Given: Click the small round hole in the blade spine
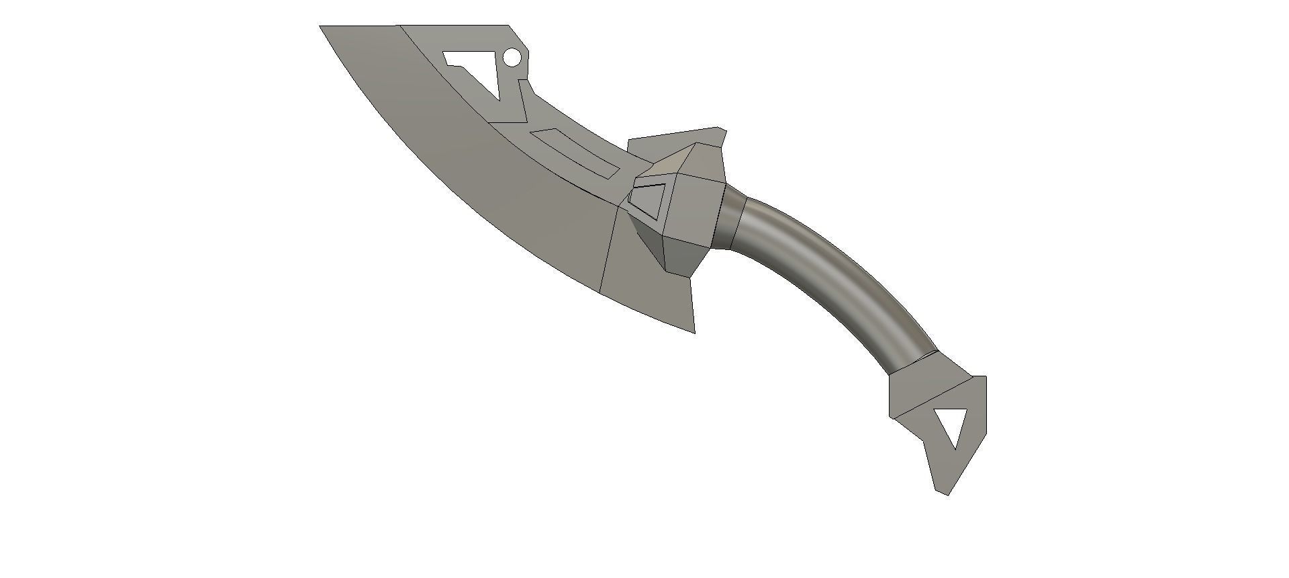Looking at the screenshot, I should (512, 58).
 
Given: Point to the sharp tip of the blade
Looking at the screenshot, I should (321, 27).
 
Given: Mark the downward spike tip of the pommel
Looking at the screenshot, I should (947, 494).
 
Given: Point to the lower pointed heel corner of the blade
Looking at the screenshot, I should (694, 331).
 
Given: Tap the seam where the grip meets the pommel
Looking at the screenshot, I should (913, 361).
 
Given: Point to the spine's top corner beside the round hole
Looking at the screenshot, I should (508, 26).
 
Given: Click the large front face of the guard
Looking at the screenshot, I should (695, 205).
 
